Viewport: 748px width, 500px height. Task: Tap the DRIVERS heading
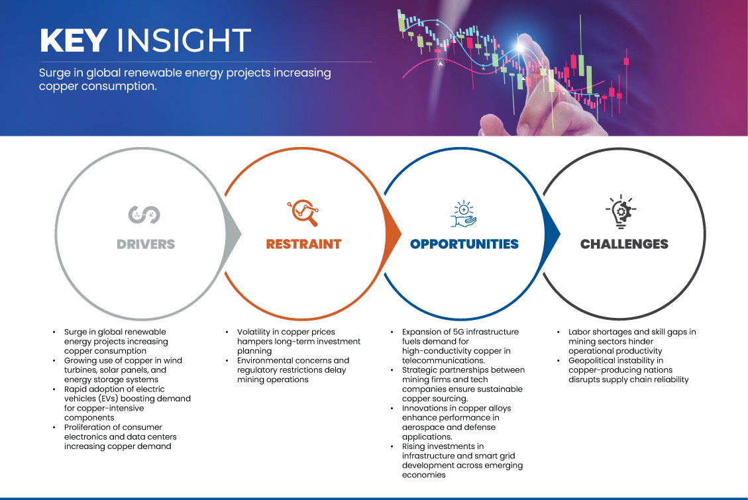[x=146, y=244]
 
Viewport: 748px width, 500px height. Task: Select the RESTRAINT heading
[x=304, y=244]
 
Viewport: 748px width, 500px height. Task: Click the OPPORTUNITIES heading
[x=464, y=244]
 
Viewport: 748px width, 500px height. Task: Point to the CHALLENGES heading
[x=624, y=244]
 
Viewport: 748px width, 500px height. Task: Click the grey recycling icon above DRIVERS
[x=144, y=215]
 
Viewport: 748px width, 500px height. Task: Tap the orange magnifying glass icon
[x=303, y=213]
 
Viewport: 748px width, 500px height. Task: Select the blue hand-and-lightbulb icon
[x=464, y=213]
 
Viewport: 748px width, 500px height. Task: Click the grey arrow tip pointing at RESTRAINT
[x=240, y=234]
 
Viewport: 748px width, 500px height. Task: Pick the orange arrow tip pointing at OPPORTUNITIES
[x=400, y=234]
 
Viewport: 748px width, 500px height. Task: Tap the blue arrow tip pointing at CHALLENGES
[x=559, y=234]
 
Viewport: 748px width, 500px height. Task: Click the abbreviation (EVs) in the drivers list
[x=106, y=399]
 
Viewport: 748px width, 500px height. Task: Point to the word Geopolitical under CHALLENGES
[x=591, y=361]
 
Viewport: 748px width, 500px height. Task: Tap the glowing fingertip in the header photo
[x=522, y=46]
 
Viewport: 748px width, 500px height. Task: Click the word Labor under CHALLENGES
[x=579, y=332]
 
